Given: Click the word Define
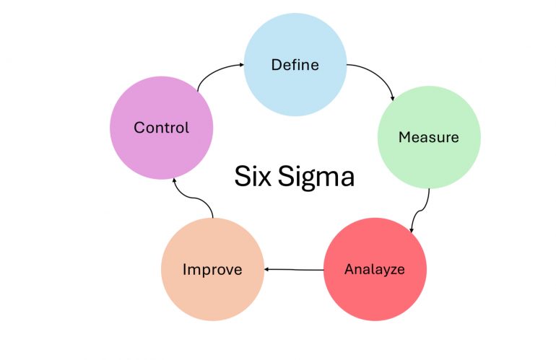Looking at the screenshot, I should [x=295, y=65].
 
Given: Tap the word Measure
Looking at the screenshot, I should [x=428, y=137].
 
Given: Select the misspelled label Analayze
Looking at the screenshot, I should [x=374, y=270].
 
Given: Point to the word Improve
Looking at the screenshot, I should [x=212, y=271].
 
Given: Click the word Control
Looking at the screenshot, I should [x=161, y=128].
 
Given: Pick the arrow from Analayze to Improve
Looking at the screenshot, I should [x=294, y=270].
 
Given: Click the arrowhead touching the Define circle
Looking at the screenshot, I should [x=240, y=65].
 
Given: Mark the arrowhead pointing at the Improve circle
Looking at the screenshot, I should [x=268, y=270].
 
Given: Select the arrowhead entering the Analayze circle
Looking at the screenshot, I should [x=412, y=230].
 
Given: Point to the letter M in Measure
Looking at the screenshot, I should [x=404, y=137].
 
